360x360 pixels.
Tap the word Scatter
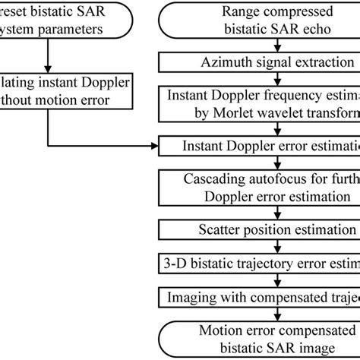[214, 229]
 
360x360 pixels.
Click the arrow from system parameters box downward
[47, 58]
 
